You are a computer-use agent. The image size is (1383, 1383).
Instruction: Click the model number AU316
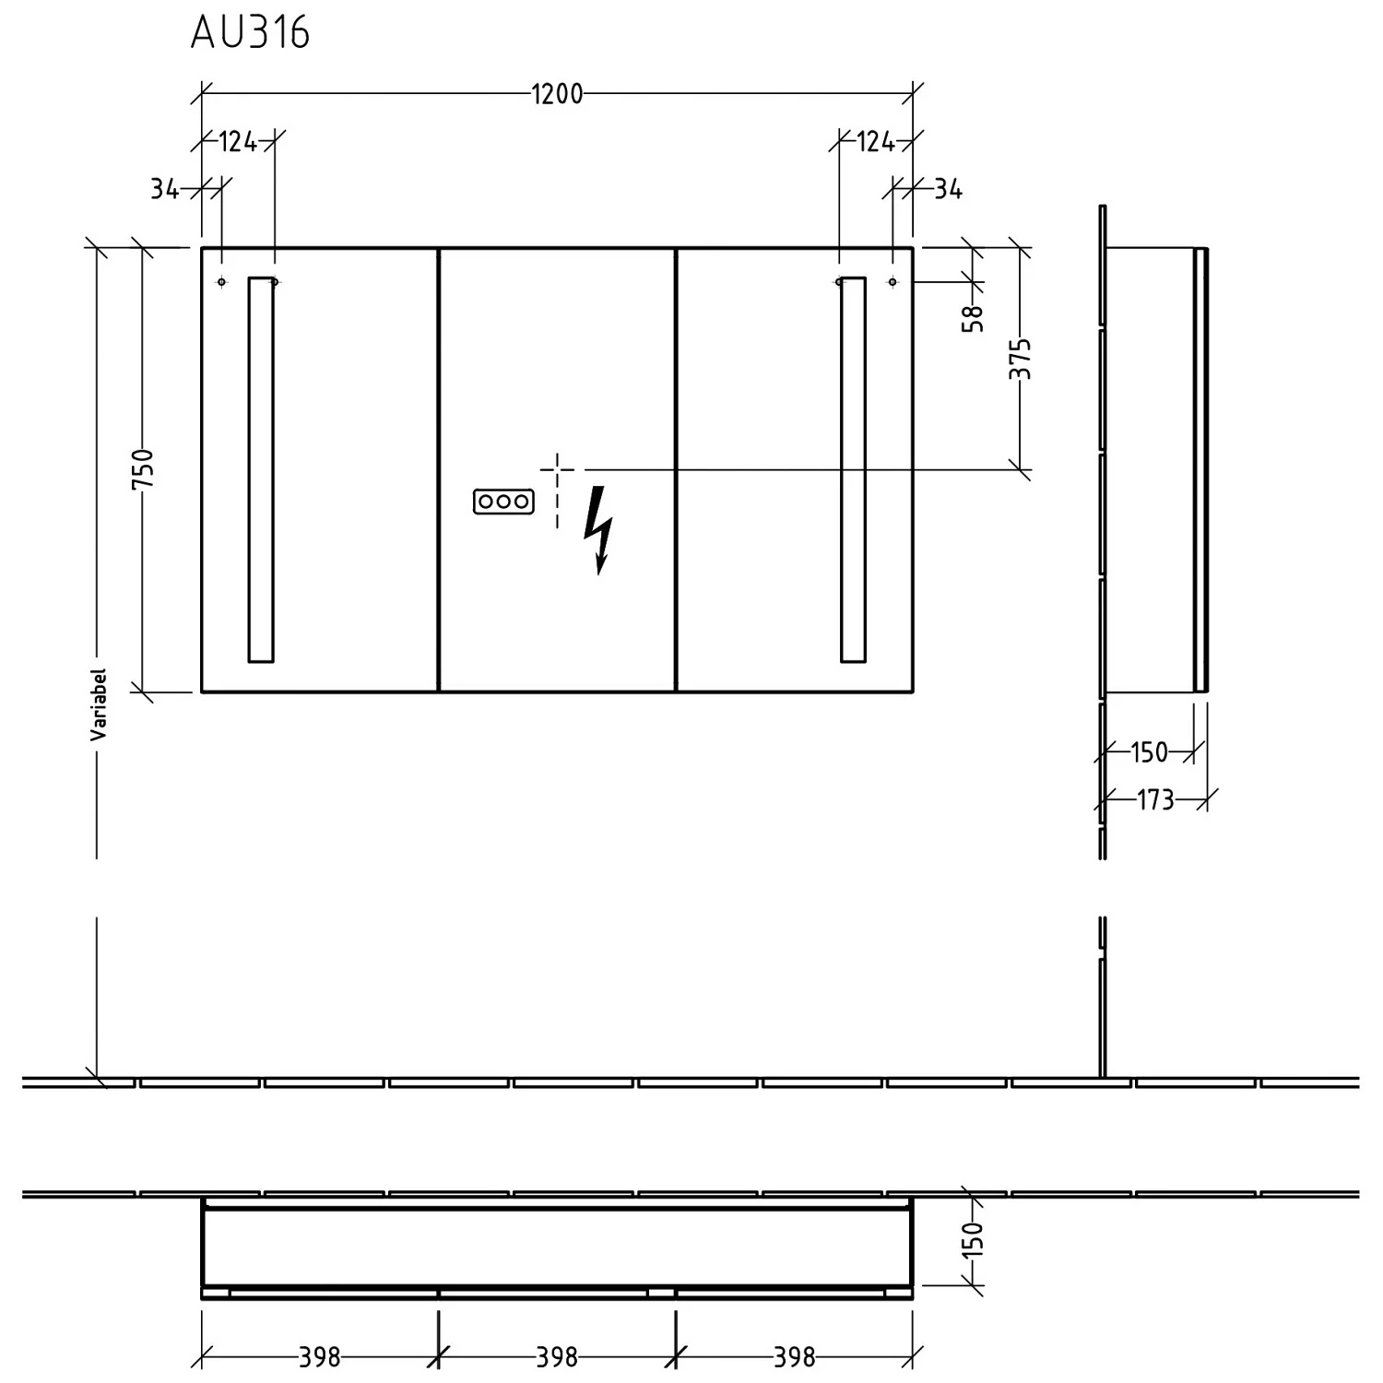(250, 33)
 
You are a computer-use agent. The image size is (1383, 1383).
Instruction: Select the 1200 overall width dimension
(557, 94)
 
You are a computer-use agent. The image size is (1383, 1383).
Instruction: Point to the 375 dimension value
(1020, 359)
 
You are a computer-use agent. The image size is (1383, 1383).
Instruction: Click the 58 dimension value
(973, 318)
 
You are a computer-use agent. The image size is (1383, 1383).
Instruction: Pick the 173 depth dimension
(1155, 799)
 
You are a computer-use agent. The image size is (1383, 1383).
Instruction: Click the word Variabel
(99, 704)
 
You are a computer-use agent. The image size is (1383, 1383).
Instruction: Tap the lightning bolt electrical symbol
(598, 530)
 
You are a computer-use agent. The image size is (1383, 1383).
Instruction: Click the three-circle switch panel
(503, 502)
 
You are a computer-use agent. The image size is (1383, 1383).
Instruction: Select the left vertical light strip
(261, 469)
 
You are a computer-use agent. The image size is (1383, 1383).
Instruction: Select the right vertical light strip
(853, 469)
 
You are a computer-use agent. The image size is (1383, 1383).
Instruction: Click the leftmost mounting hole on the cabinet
(221, 281)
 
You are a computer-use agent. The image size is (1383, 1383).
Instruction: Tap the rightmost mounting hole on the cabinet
(892, 281)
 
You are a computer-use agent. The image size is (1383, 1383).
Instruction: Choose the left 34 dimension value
(165, 189)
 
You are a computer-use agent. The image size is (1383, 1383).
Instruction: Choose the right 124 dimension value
(876, 142)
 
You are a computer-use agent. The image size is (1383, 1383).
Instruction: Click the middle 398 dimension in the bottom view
(557, 1357)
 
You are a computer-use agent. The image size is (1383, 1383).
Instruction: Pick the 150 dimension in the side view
(1149, 752)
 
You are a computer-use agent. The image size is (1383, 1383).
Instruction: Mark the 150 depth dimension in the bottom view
(973, 1239)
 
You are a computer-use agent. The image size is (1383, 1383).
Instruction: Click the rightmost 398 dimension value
(795, 1357)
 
